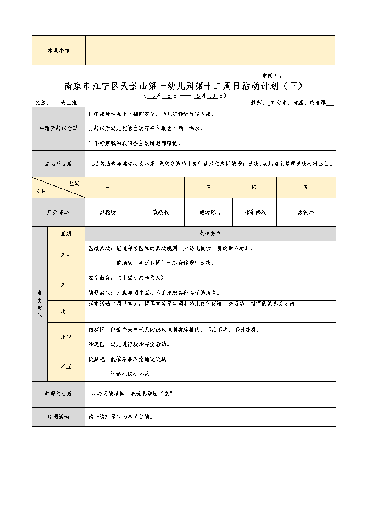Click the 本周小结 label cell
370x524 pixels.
[x=58, y=51]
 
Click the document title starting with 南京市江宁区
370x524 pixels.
[x=184, y=86]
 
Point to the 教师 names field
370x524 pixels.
[x=300, y=103]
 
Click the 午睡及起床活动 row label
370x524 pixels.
[x=58, y=129]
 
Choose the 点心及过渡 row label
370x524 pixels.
[x=58, y=164]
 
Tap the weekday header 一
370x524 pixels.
[x=108, y=188]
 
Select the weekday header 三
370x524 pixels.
[x=208, y=188]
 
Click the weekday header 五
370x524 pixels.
[x=306, y=188]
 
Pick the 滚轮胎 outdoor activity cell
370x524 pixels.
[x=108, y=212]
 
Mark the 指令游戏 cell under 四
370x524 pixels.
[x=255, y=212]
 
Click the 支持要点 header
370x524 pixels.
[x=210, y=233]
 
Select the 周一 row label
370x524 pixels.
[x=66, y=256]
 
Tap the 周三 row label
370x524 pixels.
[x=66, y=311]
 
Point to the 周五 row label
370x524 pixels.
[x=66, y=366]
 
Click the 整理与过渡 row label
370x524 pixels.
[x=58, y=394]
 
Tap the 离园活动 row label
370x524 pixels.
[x=58, y=417]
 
